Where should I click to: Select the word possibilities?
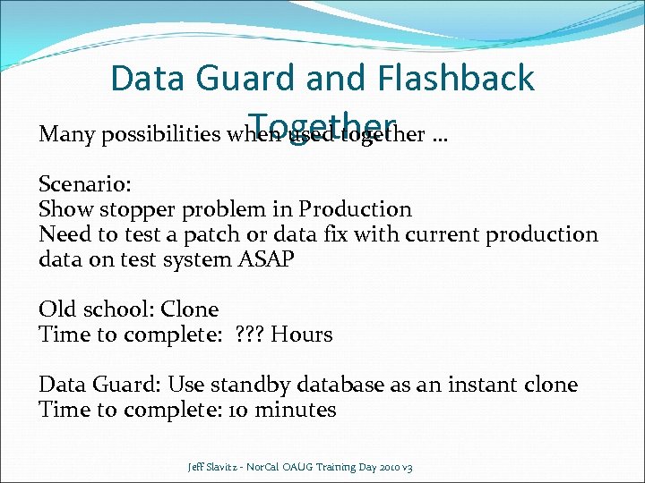160,135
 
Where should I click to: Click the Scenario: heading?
85,184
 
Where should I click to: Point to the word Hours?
302,335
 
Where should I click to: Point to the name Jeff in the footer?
196,467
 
